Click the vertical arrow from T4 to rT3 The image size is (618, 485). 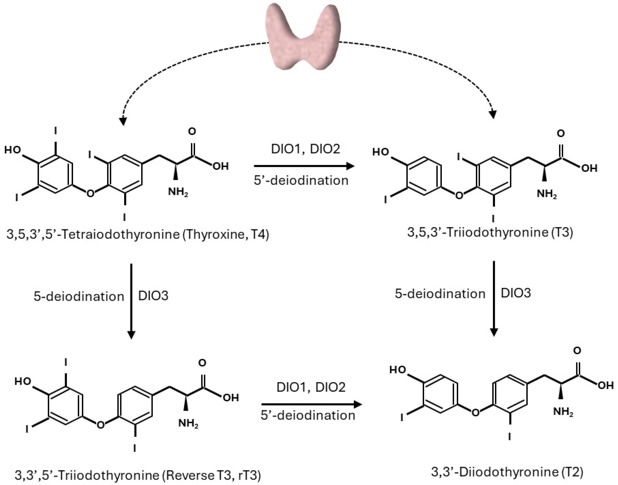131,301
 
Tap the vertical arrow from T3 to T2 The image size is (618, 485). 494,298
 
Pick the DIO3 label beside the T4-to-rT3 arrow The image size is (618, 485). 153,296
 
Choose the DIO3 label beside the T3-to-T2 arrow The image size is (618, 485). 516,293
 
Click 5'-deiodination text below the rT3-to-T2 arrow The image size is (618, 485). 308,415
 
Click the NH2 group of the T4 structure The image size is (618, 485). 178,192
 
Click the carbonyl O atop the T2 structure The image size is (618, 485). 577,351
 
